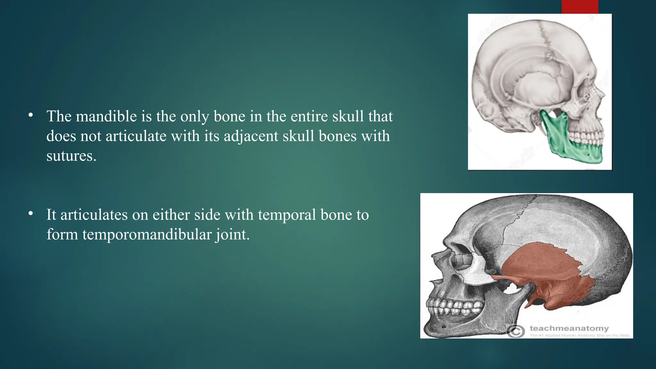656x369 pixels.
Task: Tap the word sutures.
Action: [71, 156]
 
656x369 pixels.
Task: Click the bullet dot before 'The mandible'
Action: [30, 115]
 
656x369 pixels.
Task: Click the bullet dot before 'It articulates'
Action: [30, 213]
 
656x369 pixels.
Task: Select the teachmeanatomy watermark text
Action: [569, 328]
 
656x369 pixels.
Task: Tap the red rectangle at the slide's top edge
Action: [580, 6]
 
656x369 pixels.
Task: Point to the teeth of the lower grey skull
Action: [455, 306]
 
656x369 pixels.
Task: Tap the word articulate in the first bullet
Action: [136, 136]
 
